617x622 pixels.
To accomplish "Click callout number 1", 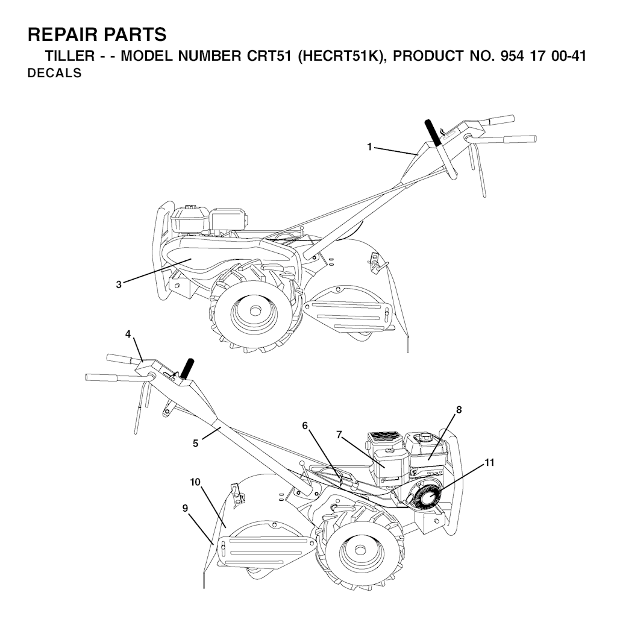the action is click(x=369, y=147).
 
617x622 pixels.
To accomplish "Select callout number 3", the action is click(x=119, y=284).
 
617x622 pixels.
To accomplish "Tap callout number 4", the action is click(x=128, y=334).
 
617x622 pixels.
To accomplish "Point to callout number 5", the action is click(x=195, y=443).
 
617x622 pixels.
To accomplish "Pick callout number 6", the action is click(x=305, y=426).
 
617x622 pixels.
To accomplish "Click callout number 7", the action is click(x=339, y=435).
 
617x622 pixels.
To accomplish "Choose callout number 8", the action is click(x=459, y=410).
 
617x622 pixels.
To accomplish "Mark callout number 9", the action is click(x=185, y=508).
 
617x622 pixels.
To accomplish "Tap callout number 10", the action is click(x=195, y=482).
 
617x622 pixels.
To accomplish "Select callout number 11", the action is click(x=489, y=462).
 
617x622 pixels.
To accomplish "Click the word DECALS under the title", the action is click(x=54, y=73).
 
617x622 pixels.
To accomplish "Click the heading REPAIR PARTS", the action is click(x=97, y=34).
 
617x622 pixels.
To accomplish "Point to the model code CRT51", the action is click(x=270, y=56).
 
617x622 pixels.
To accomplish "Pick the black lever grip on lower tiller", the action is click(x=187, y=368).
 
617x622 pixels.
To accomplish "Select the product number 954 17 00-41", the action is click(x=543, y=56).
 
